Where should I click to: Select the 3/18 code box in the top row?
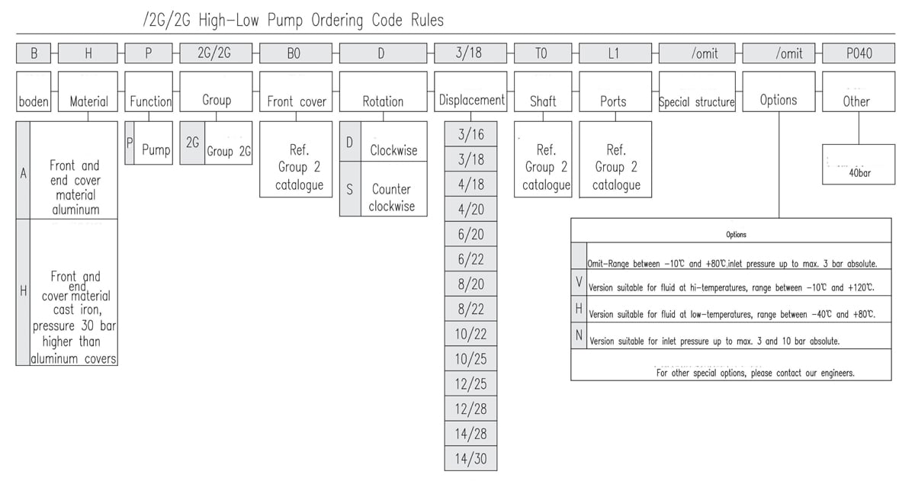(x=470, y=53)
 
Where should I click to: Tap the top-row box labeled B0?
(x=296, y=53)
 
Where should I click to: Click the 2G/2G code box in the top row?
(x=216, y=53)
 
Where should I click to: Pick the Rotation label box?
(x=383, y=101)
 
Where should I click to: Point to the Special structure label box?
(x=697, y=101)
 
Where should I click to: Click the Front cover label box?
(x=296, y=101)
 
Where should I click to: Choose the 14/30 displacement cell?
(x=471, y=458)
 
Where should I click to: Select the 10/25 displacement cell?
(x=471, y=358)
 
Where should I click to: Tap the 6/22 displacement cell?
(x=471, y=259)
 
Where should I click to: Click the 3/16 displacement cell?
(x=471, y=135)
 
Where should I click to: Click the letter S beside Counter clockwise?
(x=349, y=189)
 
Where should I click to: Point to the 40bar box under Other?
(x=859, y=165)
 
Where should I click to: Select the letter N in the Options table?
(x=579, y=335)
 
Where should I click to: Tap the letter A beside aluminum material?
(x=23, y=172)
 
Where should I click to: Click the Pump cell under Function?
(x=156, y=150)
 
